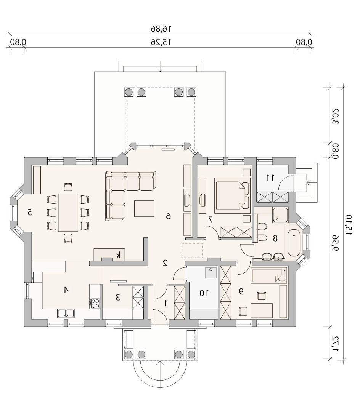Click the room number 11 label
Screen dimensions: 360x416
click(x=270, y=178)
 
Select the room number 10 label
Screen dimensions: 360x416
click(x=204, y=293)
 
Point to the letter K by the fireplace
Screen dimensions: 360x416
click(x=119, y=255)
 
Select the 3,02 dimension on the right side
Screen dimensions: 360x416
click(x=336, y=116)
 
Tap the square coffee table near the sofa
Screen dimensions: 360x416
click(x=144, y=208)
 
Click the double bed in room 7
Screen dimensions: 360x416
click(x=233, y=195)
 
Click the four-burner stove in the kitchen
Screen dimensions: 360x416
click(x=95, y=303)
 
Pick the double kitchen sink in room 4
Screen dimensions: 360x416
click(x=66, y=313)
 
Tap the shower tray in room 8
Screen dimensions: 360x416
click(x=280, y=215)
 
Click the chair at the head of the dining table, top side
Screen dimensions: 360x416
click(x=68, y=187)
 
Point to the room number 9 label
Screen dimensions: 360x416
click(x=241, y=291)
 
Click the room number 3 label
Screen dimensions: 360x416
click(x=118, y=298)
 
